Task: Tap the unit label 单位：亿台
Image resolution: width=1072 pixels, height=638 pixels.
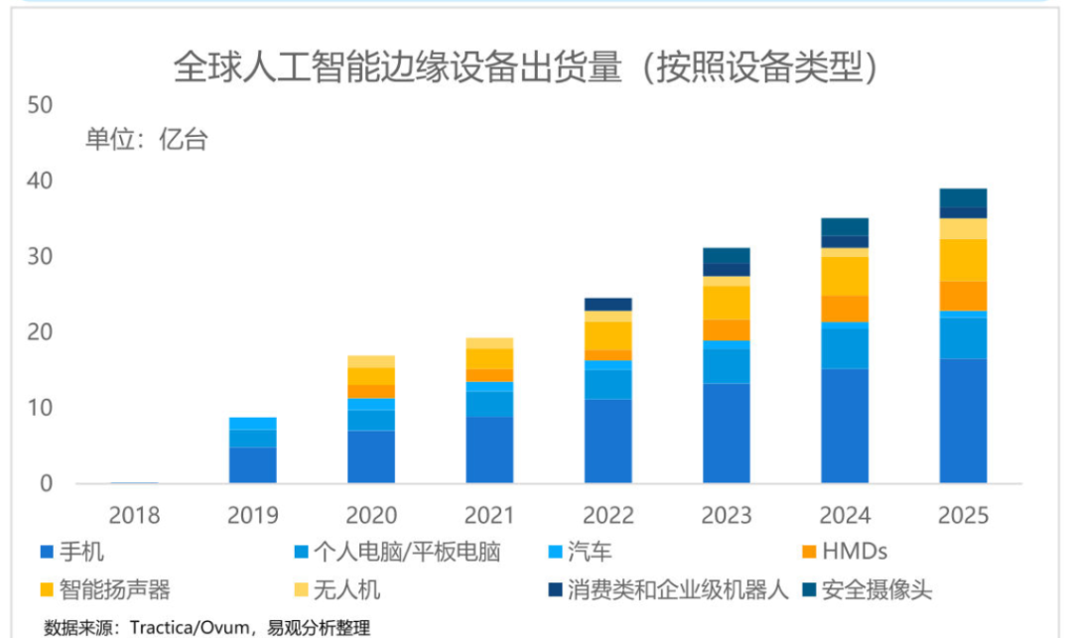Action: [146, 140]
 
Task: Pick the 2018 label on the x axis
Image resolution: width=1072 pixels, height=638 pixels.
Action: [134, 516]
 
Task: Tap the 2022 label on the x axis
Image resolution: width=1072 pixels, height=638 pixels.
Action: [607, 516]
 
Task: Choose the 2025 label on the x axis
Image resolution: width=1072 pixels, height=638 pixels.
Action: [963, 516]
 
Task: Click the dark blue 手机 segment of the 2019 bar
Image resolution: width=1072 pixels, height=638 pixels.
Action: [252, 465]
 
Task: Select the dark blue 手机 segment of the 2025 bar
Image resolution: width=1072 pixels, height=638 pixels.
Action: [963, 422]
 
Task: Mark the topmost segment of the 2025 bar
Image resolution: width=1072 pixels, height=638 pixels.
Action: [963, 197]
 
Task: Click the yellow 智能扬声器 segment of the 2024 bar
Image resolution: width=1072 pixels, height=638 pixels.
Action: [845, 276]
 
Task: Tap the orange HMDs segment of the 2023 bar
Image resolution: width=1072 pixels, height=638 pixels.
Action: [727, 329]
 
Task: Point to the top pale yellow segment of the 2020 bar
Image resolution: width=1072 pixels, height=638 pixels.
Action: [371, 361]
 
